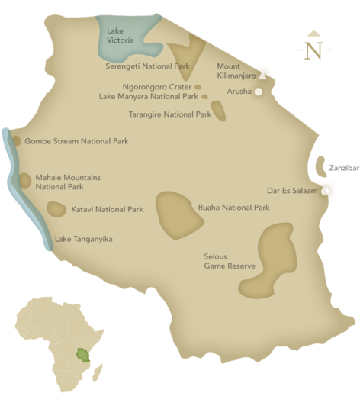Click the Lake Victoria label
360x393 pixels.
coord(120,34)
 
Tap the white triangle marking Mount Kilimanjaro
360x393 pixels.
coord(262,76)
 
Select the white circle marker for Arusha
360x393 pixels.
coord(259,92)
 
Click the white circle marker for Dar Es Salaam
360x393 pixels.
coord(326,191)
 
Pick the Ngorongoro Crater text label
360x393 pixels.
coord(156,87)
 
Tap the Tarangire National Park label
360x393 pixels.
coord(170,114)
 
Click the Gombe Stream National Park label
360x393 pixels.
coord(76,141)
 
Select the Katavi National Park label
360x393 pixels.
coord(107,208)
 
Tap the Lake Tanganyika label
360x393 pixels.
coord(83,239)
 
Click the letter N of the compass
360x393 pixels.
coord(313,52)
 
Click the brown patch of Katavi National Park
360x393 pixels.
coord(56,208)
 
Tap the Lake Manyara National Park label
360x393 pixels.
coord(148,97)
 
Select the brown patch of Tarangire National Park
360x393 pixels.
coord(219,111)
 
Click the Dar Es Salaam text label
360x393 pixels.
coord(291,191)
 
